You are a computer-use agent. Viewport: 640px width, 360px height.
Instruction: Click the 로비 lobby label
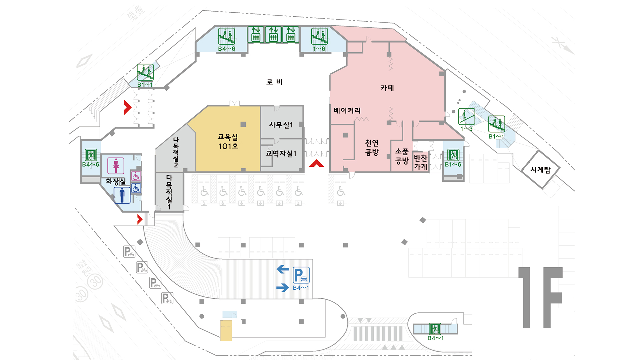coord(274,82)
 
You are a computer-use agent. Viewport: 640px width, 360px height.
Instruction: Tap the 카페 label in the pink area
coord(387,88)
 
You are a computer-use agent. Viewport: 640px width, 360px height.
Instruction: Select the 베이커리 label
coord(347,110)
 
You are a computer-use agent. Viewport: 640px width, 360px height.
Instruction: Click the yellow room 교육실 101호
coord(228,141)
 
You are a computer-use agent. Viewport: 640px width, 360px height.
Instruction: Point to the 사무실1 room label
coord(281,125)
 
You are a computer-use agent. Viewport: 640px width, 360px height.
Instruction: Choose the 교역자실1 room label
coord(281,153)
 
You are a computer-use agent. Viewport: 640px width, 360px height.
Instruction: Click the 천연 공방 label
coord(372,148)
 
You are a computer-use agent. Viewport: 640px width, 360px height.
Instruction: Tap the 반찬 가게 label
coord(420,162)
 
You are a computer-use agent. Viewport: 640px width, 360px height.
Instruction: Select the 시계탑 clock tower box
coord(540,170)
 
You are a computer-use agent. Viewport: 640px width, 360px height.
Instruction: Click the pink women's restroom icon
coord(116,166)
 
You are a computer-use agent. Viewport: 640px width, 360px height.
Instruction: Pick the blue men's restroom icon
coord(122,195)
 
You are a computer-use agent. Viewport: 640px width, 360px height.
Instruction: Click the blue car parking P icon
coord(301,275)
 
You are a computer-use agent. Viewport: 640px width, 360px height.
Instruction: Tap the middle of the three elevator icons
coord(273,35)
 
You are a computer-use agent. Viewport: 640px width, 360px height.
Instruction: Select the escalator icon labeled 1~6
coord(319,36)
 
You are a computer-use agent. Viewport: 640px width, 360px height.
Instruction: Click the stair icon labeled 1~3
coord(466,117)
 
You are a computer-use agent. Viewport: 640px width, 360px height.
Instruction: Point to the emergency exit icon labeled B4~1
coord(435,329)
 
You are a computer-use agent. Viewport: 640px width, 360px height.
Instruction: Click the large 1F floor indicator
coord(540,297)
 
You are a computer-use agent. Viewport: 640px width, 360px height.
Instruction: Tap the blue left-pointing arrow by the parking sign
coord(283,269)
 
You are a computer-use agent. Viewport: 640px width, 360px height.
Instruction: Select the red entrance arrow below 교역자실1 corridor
coord(316,163)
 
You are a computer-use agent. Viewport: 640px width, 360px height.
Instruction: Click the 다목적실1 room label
coord(169,192)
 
